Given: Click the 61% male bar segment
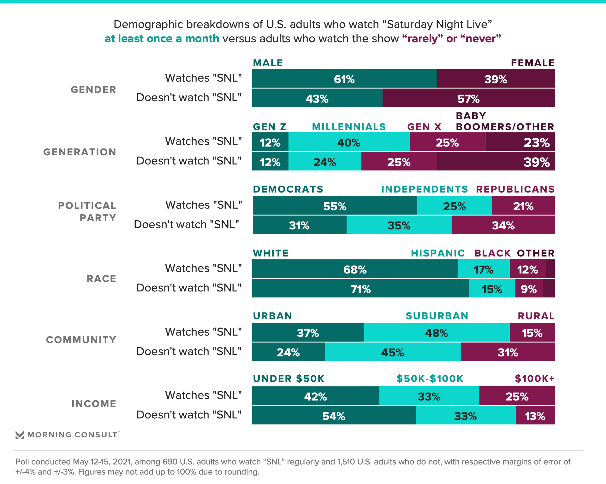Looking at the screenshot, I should pos(344,78).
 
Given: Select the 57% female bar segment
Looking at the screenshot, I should pos(468,98).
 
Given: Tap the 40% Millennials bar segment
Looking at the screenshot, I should pos(349,142).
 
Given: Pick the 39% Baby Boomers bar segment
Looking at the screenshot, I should pos(496,162).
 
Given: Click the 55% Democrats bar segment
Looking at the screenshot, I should pos(335,206).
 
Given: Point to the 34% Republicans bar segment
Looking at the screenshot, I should pos(503,225).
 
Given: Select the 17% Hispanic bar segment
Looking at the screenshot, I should pos(484,269).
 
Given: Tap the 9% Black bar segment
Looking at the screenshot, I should pos(529,289).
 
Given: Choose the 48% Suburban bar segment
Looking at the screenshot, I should pos(437,332).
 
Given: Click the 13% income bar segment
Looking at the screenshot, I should pos(535,416).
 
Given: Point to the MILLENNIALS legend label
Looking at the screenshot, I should pos(349,127).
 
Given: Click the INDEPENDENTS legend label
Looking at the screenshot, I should pos(425,189).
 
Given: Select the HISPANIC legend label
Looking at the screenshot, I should pos(438,253).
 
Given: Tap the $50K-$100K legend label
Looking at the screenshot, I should pos(430,378).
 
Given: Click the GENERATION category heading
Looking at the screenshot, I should pos(80,152).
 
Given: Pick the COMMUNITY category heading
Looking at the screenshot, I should pos(81,340).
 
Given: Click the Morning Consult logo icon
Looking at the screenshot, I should pos(20,435).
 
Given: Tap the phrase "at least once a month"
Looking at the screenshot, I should pos(162,39).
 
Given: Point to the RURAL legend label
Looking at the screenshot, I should pos(536,316).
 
